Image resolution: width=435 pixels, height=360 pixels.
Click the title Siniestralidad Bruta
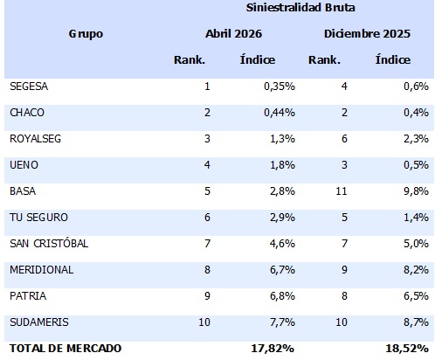(300, 8)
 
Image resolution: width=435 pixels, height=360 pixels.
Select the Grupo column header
(86, 34)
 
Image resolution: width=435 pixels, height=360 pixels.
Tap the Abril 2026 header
(233, 34)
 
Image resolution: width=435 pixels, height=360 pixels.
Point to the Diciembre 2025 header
(367, 34)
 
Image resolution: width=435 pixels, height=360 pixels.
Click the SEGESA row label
(29, 87)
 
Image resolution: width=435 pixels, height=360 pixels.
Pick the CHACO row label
(27, 113)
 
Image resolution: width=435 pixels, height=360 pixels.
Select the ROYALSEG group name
(35, 139)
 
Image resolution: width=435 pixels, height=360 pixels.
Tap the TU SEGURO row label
(38, 218)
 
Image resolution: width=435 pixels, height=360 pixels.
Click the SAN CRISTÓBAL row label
(49, 243)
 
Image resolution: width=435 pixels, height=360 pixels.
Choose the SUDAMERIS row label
(39, 322)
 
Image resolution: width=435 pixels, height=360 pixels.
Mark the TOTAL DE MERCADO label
(66, 349)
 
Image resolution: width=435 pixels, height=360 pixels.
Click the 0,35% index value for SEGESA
(280, 87)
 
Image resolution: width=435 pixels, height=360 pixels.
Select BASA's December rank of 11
(341, 191)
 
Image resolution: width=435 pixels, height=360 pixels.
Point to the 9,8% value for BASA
(416, 191)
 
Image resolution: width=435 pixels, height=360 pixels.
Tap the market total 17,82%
(273, 349)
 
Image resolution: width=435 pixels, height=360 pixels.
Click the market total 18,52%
(407, 349)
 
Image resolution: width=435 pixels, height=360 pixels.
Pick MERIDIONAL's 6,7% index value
(282, 270)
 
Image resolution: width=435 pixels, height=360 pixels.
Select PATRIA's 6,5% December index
(416, 296)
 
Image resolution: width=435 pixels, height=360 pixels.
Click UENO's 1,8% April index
(282, 165)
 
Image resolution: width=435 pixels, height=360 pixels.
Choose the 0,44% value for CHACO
(280, 113)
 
